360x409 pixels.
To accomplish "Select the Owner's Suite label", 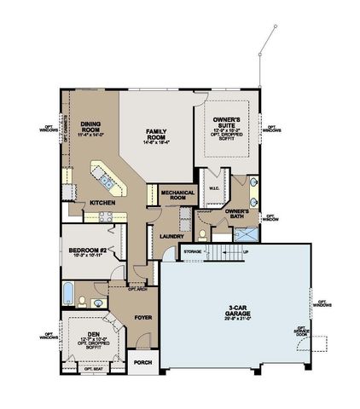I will [x=226, y=124].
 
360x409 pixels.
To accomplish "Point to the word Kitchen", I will [x=103, y=202].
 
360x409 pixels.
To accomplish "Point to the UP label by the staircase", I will [x=247, y=251].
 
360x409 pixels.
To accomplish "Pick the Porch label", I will [x=143, y=362].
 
